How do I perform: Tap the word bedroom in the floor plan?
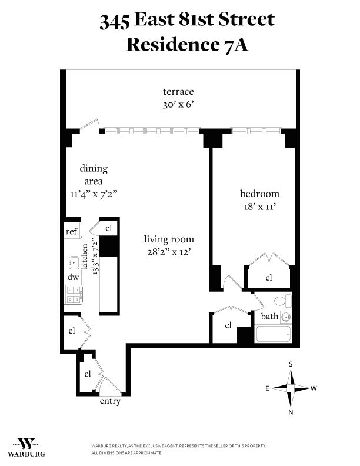tap(259, 194)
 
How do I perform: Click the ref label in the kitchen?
tap(71, 232)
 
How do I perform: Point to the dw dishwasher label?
tap(72, 277)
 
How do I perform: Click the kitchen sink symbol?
tap(74, 261)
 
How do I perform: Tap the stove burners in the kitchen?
tap(74, 294)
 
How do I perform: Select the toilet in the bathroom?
tap(281, 302)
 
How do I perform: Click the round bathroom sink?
tap(285, 317)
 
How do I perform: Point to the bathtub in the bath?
tap(274, 334)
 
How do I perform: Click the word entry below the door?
tap(110, 402)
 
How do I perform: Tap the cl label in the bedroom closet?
tap(268, 278)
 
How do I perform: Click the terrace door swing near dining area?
tap(90, 126)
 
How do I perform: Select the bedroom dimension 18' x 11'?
tap(259, 207)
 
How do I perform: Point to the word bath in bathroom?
tap(269, 317)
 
